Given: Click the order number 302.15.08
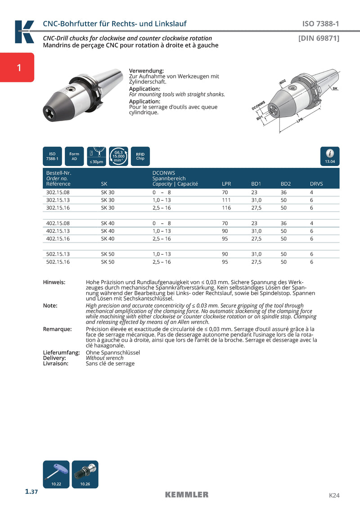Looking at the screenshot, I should pyautogui.click(x=58, y=192).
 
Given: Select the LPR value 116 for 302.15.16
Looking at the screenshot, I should pyautogui.click(x=226, y=208).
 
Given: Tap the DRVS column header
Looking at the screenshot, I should pyautogui.click(x=316, y=184).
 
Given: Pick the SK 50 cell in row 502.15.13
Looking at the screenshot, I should pyautogui.click(x=108, y=254).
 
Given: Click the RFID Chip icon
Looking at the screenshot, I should pyautogui.click(x=140, y=156).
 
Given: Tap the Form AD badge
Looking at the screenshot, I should pyautogui.click(x=74, y=156).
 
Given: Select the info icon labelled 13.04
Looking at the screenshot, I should pyautogui.click(x=330, y=156).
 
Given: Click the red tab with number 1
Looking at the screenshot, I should pyautogui.click(x=17, y=68).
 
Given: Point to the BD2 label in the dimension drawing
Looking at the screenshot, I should pyautogui.click(x=283, y=81).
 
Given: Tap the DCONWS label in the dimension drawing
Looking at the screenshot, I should pyautogui.click(x=258, y=106).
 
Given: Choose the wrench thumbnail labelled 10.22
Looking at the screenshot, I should pyautogui.click(x=56, y=474).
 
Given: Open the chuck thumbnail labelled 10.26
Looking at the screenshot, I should pyautogui.click(x=85, y=474).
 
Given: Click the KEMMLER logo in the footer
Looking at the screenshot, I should pyautogui.click(x=187, y=495).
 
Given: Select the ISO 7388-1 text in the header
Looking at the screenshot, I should pyautogui.click(x=320, y=24).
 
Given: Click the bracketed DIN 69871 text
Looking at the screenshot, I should pyautogui.click(x=319, y=38).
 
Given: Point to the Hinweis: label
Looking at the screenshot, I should pyautogui.click(x=54, y=282).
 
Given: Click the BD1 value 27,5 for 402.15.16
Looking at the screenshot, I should pyautogui.click(x=256, y=239).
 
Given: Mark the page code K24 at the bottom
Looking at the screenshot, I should pyautogui.click(x=334, y=495).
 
